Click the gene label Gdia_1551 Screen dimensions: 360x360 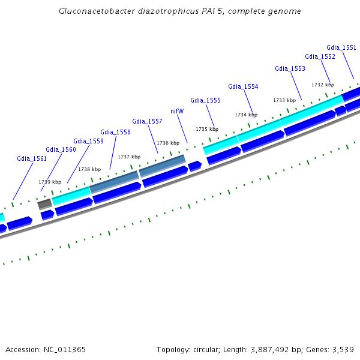pyautogui.click(x=341, y=47)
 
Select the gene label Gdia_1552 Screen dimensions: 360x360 pyautogui.click(x=320, y=56)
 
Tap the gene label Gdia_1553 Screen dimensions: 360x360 pyautogui.click(x=290, y=68)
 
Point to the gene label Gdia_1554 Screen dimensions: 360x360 pyautogui.click(x=243, y=86)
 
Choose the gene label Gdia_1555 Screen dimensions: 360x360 pyautogui.click(x=205, y=100)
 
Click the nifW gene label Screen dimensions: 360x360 pyautogui.click(x=177, y=111)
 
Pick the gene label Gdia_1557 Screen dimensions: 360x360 pyautogui.click(x=147, y=121)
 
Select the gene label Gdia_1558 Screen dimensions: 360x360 pyautogui.click(x=115, y=132)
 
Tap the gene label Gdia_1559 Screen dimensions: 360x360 pyautogui.click(x=88, y=141)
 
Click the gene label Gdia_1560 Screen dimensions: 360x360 pyautogui.click(x=61, y=149)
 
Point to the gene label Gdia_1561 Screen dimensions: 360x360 pyautogui.click(x=32, y=158)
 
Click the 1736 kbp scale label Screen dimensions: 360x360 pyautogui.click(x=168, y=143)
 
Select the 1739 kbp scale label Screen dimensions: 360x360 pyautogui.click(x=50, y=182)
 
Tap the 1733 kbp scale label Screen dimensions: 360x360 pyautogui.click(x=284, y=100)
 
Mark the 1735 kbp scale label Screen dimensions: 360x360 pyautogui.click(x=206, y=129)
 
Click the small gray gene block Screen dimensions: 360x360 pyautogui.click(x=44, y=205)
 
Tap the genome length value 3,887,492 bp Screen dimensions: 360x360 pyautogui.click(x=262, y=349)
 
